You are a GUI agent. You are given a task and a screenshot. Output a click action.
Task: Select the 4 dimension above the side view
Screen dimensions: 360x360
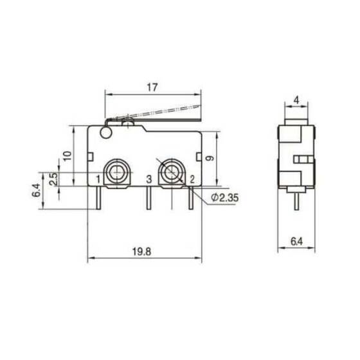[296, 100]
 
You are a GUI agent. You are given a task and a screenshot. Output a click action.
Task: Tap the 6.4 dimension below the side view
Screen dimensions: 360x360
[296, 242]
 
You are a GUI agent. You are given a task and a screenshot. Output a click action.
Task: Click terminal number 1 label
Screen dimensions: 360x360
[97, 179]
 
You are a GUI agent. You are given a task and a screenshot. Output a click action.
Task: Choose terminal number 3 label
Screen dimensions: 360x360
[147, 179]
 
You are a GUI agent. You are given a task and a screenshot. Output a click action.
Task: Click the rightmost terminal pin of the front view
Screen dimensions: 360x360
[191, 198]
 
